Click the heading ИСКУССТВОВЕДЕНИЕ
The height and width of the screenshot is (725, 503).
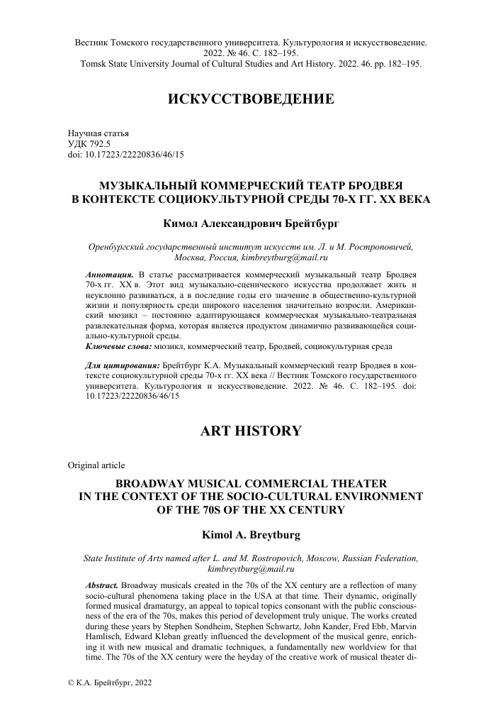click(x=251, y=99)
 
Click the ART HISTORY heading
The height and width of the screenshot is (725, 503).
click(x=251, y=431)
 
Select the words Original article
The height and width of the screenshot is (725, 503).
click(x=96, y=465)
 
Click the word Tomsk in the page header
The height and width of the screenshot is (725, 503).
click(x=95, y=63)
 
